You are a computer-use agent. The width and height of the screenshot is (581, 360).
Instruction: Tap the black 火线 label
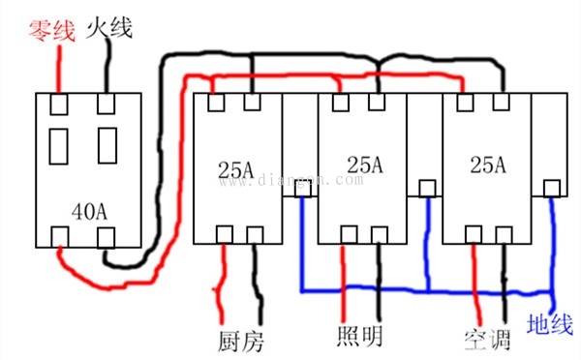(x=110, y=25)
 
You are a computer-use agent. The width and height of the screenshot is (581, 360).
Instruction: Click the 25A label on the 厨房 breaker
(x=235, y=170)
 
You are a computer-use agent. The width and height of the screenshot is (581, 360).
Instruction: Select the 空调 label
(x=485, y=338)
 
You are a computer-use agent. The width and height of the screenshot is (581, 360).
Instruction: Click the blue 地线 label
(x=549, y=324)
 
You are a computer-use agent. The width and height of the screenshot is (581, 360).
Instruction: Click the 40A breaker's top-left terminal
(x=60, y=103)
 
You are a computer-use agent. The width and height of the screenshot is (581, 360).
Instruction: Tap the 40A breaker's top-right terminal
(x=105, y=103)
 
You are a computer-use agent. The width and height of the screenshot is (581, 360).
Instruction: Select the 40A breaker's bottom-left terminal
(x=60, y=235)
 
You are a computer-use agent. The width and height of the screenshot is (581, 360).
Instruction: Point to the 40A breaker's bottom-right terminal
(x=106, y=235)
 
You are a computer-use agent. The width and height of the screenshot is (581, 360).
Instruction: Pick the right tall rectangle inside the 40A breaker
(x=106, y=147)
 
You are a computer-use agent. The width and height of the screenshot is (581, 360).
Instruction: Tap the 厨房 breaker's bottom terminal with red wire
(x=225, y=233)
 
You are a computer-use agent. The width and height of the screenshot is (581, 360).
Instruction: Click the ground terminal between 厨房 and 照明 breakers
(x=303, y=191)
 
